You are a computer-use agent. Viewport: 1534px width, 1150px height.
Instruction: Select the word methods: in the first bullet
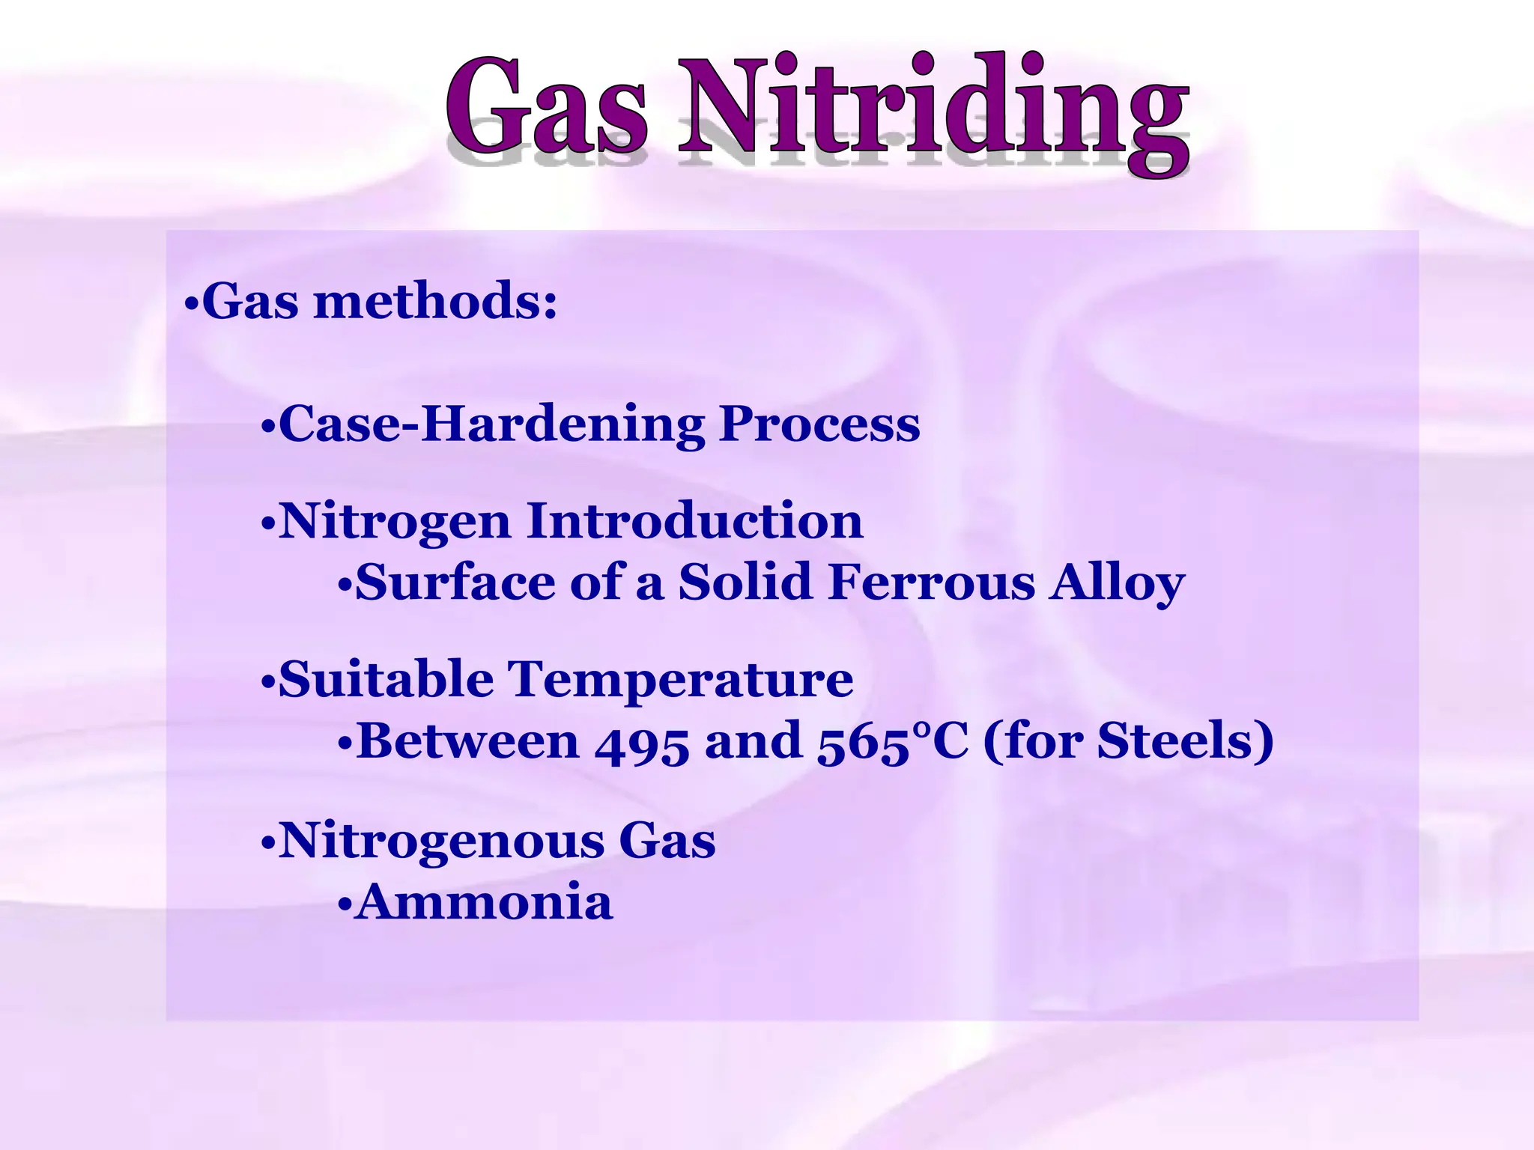[x=435, y=302]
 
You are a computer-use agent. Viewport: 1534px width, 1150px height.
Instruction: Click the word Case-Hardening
[x=491, y=424]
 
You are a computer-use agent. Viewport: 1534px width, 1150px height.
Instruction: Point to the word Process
[x=819, y=425]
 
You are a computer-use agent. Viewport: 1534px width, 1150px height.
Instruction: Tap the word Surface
[x=455, y=582]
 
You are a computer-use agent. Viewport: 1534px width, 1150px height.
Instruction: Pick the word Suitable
[x=386, y=680]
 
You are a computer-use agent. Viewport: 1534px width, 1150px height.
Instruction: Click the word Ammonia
[x=485, y=901]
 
